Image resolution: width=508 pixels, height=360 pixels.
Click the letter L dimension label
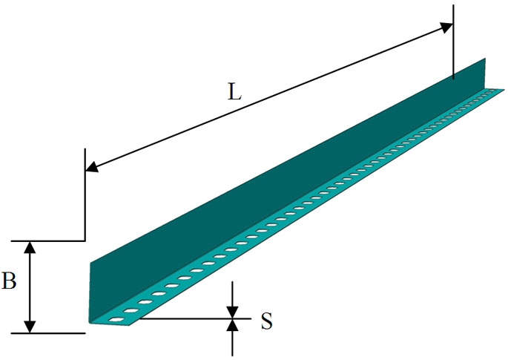click(x=235, y=92)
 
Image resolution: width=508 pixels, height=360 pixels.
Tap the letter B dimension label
click(x=9, y=281)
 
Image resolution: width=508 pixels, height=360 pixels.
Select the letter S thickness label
click(x=267, y=321)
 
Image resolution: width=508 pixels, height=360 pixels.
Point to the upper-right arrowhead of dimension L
click(x=446, y=27)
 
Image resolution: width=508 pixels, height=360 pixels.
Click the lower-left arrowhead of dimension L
click(x=92, y=167)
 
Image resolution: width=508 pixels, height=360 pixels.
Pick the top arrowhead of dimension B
click(x=30, y=247)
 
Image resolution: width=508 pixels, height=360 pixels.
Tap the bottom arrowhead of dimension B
click(x=30, y=327)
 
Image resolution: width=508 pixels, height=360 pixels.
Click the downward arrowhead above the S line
click(x=232, y=312)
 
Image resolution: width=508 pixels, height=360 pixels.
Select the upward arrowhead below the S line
click(x=232, y=325)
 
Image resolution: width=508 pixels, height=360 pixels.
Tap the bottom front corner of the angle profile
click(x=90, y=322)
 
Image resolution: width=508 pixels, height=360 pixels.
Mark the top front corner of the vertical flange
click(x=90, y=262)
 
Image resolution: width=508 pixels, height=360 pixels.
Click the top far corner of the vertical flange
click(x=485, y=59)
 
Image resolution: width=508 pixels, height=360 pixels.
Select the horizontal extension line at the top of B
click(x=48, y=241)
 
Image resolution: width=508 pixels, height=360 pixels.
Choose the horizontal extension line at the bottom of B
click(x=48, y=333)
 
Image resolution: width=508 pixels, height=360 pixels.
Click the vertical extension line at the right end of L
click(x=453, y=42)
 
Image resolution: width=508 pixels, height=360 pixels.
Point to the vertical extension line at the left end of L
click(x=85, y=194)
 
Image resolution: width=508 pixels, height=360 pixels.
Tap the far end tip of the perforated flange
click(x=504, y=89)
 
